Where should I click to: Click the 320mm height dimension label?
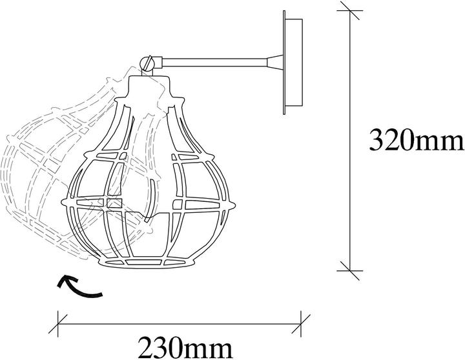pyautogui.click(x=417, y=141)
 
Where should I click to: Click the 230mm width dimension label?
pyautogui.click(x=185, y=348)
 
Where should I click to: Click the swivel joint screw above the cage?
pyautogui.click(x=147, y=63)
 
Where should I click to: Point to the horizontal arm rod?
pyautogui.click(x=214, y=63)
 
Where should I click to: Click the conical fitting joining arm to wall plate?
pyautogui.click(x=275, y=62)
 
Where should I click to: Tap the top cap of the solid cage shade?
pyautogui.click(x=149, y=86)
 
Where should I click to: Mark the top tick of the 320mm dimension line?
pyautogui.click(x=350, y=11)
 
